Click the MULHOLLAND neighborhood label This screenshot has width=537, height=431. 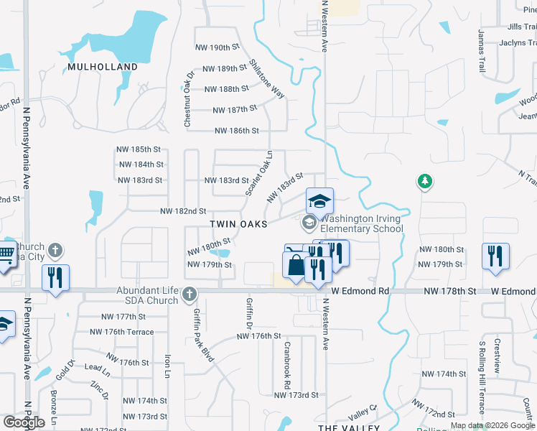click(x=103, y=67)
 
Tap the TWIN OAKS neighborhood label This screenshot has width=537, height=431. click(x=238, y=224)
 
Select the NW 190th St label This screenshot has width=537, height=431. click(x=217, y=47)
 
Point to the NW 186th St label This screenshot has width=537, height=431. click(x=237, y=131)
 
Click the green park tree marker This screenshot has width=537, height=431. click(x=425, y=182)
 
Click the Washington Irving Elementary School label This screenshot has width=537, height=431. click(x=361, y=224)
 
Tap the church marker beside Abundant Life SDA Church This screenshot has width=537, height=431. click(x=190, y=293)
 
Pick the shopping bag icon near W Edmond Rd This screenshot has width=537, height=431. click(x=296, y=266)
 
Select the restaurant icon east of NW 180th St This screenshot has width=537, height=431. click(x=495, y=256)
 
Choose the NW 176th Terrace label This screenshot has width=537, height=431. click(x=121, y=332)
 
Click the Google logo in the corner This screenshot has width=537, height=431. click(x=24, y=422)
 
